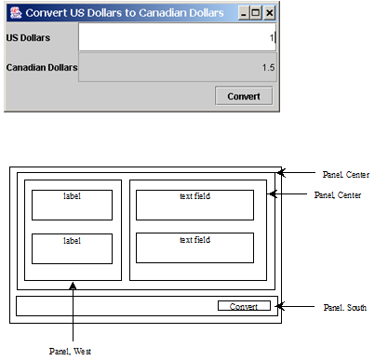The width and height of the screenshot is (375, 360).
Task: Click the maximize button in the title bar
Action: [256, 13]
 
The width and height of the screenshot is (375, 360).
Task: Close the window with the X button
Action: [270, 13]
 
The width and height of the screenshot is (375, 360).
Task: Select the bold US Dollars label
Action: [29, 38]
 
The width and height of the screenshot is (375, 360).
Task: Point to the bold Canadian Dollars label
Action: [41, 67]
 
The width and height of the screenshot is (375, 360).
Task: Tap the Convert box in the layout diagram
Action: [244, 306]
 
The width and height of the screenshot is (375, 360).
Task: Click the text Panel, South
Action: [345, 307]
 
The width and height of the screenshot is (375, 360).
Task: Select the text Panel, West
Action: [71, 351]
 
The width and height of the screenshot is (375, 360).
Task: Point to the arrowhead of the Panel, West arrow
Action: [72, 284]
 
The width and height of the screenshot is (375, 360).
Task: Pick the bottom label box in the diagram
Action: [72, 248]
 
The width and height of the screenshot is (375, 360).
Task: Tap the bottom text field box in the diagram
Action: [194, 248]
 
